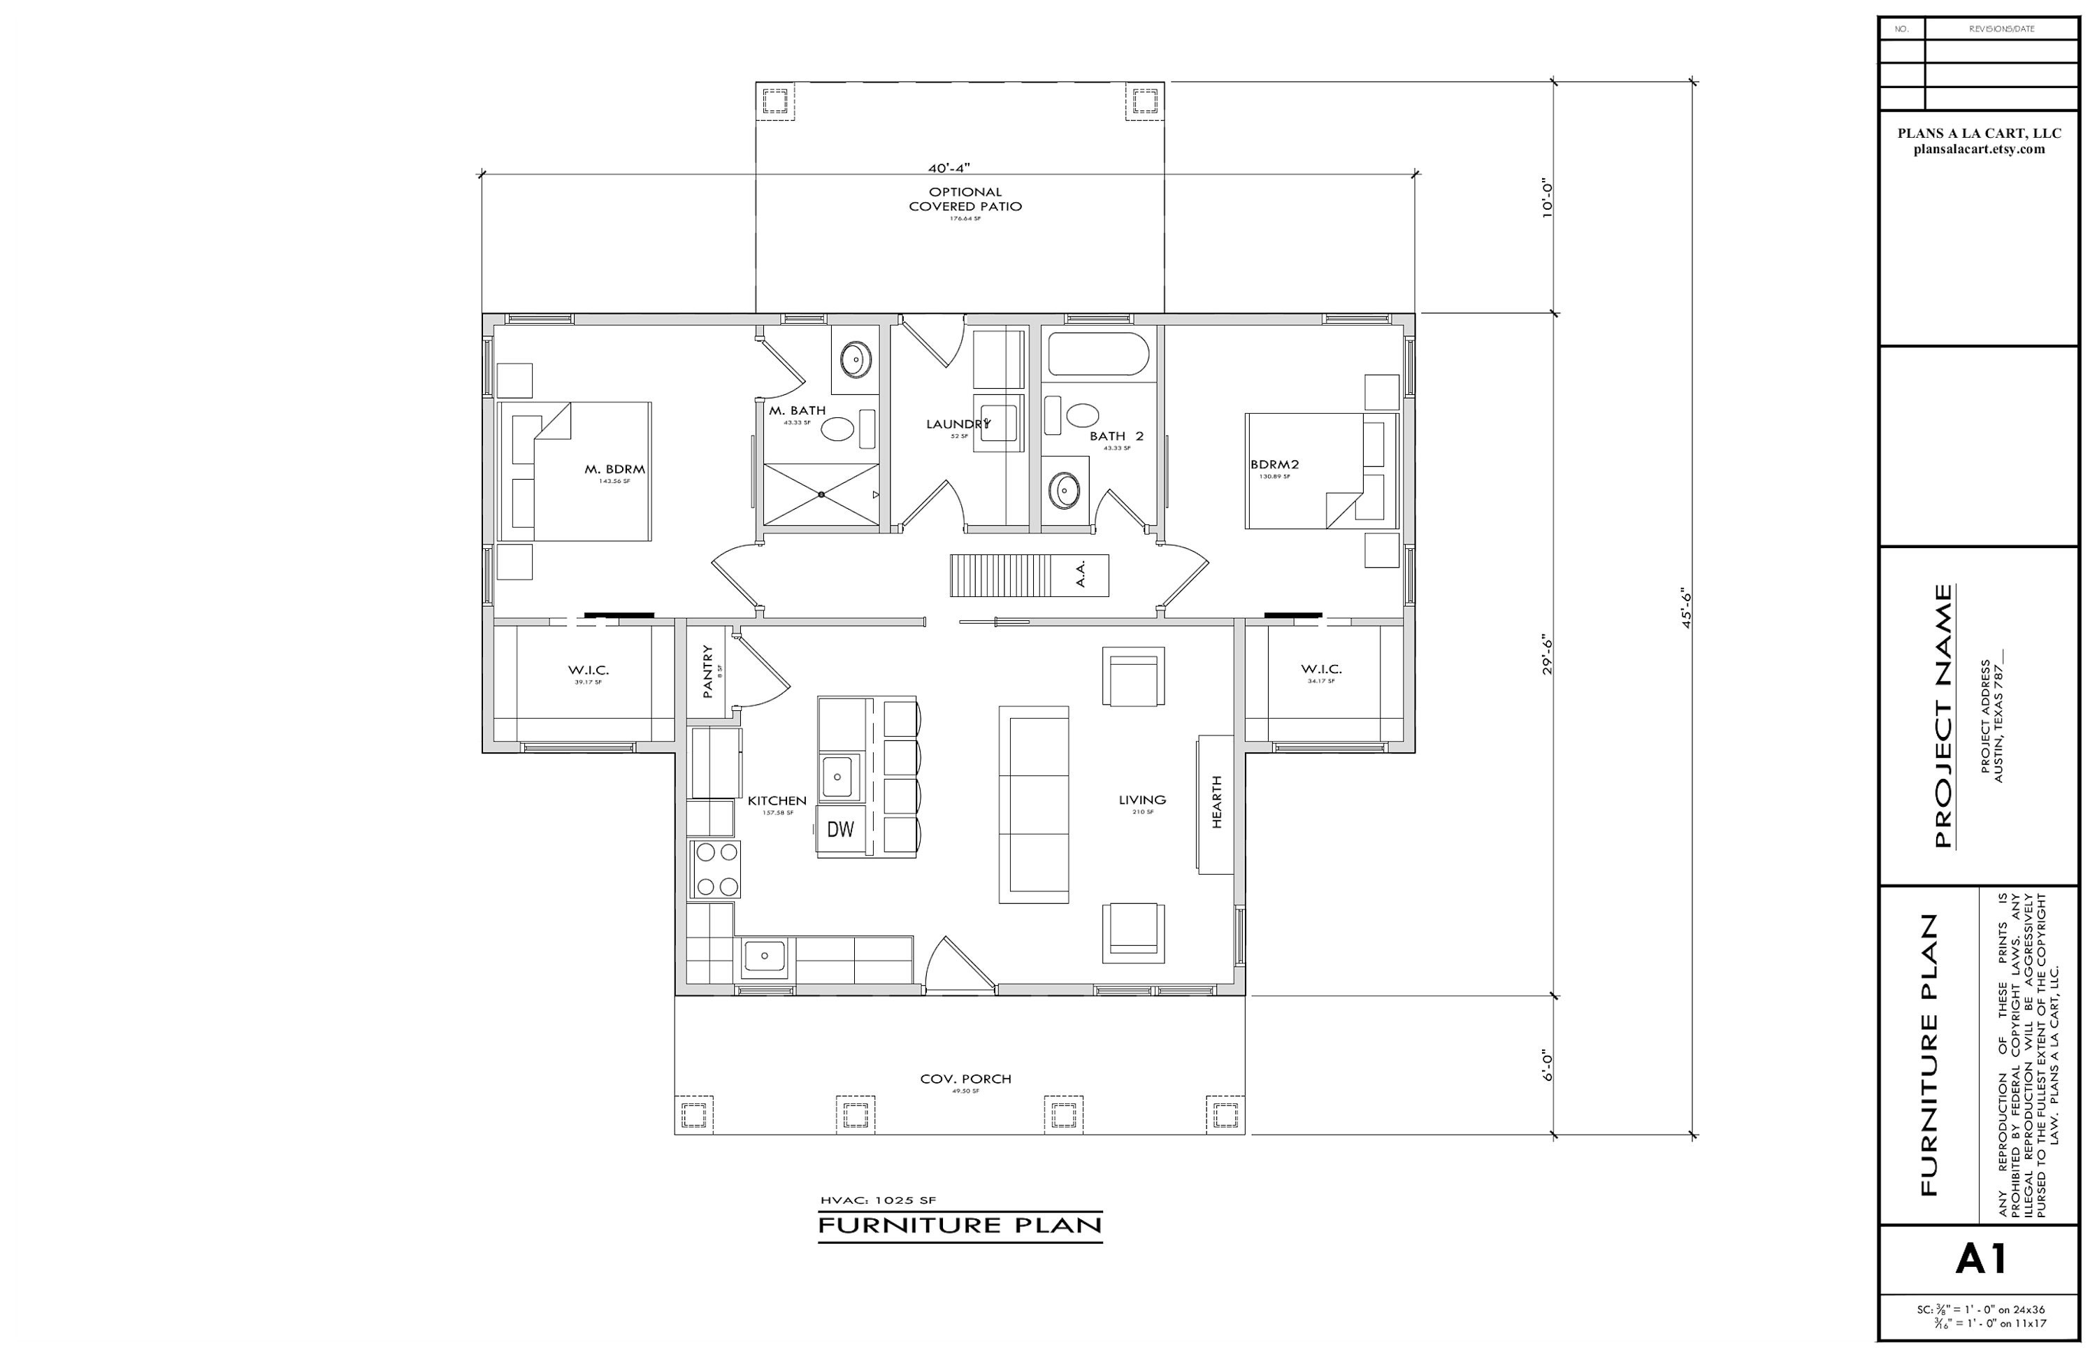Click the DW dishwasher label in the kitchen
(841, 829)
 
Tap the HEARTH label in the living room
(1217, 802)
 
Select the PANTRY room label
(707, 671)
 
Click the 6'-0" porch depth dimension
(1546, 1065)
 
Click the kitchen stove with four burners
(714, 870)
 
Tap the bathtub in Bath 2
(1098, 354)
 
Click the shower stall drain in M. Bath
(821, 494)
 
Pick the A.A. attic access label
(1080, 575)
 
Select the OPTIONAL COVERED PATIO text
(965, 199)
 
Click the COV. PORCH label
(965, 1079)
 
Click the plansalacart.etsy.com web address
(1979, 149)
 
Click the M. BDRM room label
(614, 470)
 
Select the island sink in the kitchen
(838, 776)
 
